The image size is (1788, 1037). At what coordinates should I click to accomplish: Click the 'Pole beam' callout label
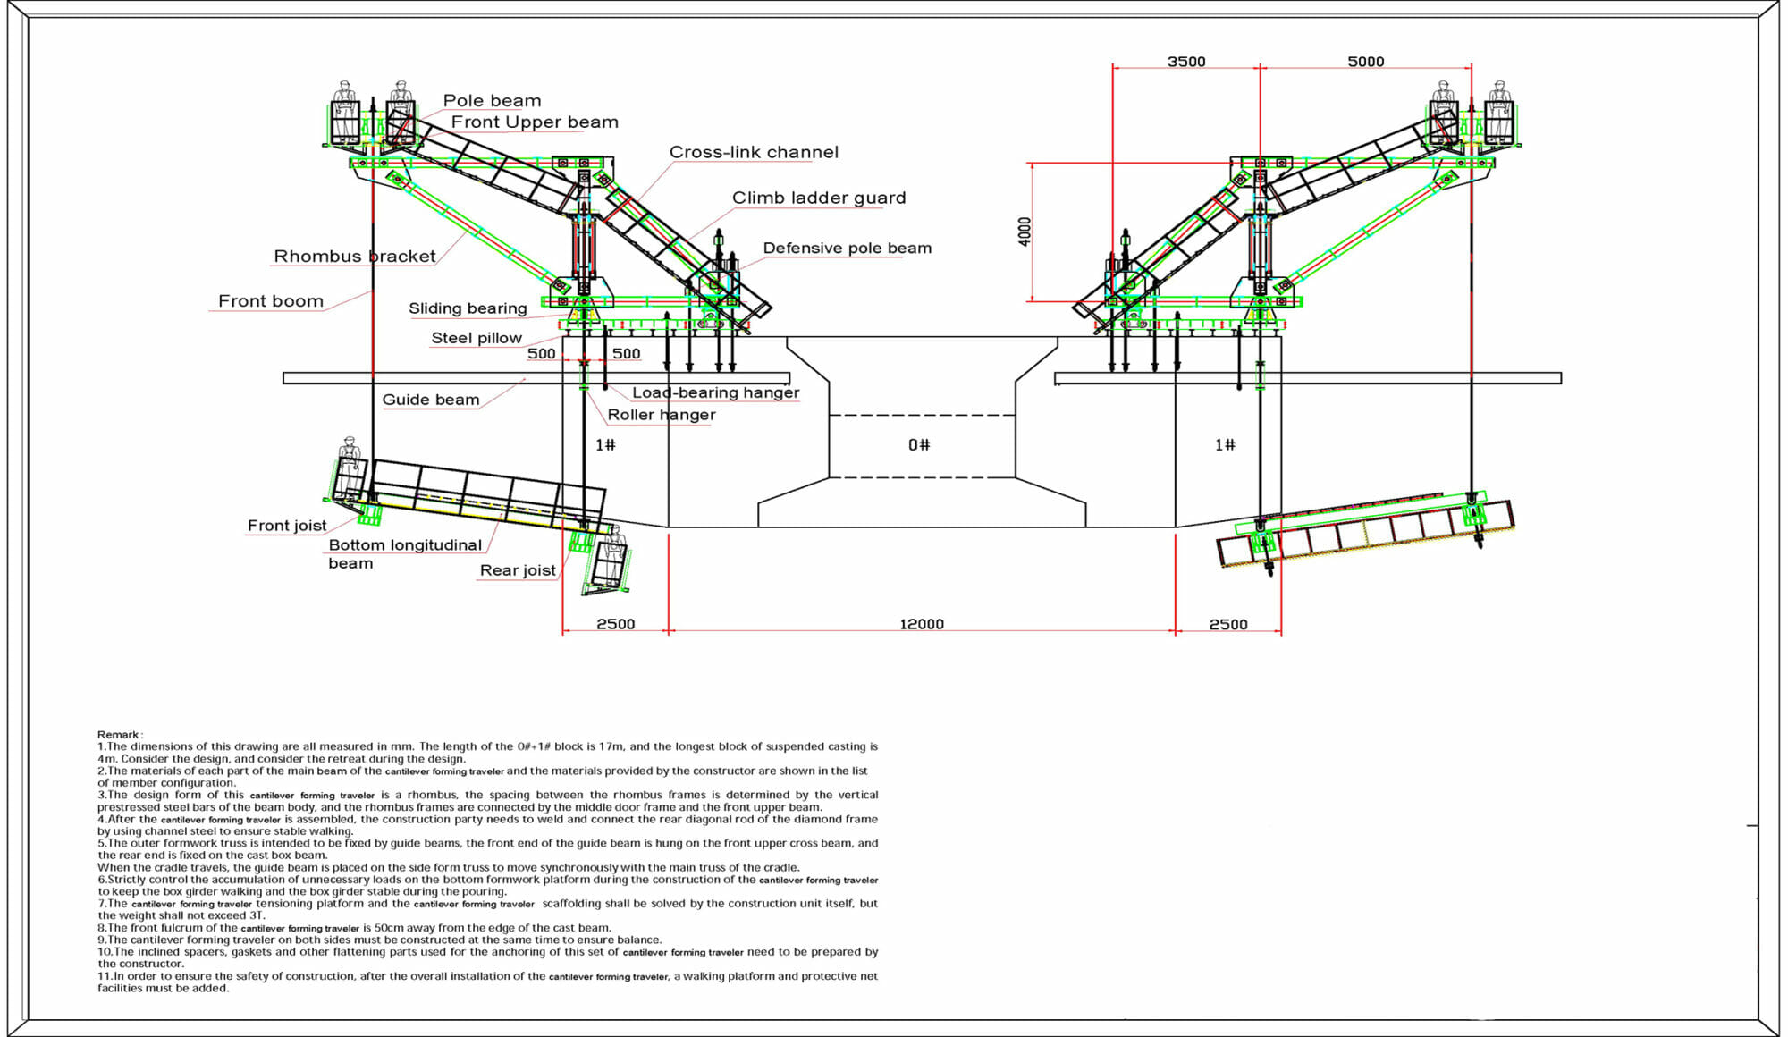pyautogui.click(x=492, y=101)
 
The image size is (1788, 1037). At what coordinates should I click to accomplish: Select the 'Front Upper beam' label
pyautogui.click(x=535, y=122)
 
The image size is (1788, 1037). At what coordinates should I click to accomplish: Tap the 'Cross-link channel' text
pyautogui.click(x=754, y=153)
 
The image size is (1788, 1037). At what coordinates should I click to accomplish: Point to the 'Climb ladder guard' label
pyautogui.click(x=819, y=198)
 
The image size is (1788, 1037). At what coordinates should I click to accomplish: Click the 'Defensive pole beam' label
pyautogui.click(x=847, y=249)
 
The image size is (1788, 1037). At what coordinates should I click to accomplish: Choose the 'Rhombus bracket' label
pyautogui.click(x=355, y=257)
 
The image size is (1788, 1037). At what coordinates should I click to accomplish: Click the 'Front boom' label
pyautogui.click(x=271, y=301)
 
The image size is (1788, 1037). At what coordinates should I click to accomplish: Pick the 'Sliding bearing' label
pyautogui.click(x=468, y=308)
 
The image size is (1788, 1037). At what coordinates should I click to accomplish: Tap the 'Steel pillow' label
pyautogui.click(x=477, y=338)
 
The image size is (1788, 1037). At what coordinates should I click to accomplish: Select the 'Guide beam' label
pyautogui.click(x=431, y=400)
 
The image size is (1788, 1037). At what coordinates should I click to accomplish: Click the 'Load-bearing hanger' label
pyautogui.click(x=715, y=392)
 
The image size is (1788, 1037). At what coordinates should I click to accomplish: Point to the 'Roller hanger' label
pyautogui.click(x=662, y=415)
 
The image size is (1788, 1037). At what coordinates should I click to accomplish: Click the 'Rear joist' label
pyautogui.click(x=518, y=570)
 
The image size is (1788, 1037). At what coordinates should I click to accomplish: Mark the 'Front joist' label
pyautogui.click(x=287, y=526)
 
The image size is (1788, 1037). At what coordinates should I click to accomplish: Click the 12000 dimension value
pyautogui.click(x=922, y=624)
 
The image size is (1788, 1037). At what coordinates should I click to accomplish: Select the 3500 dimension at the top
pyautogui.click(x=1186, y=62)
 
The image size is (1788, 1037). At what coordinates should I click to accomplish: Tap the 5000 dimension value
pyautogui.click(x=1366, y=62)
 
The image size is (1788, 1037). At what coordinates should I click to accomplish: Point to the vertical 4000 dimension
pyautogui.click(x=1025, y=232)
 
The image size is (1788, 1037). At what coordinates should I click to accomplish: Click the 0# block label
pyautogui.click(x=919, y=445)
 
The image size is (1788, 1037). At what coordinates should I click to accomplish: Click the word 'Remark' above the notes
pyautogui.click(x=120, y=735)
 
